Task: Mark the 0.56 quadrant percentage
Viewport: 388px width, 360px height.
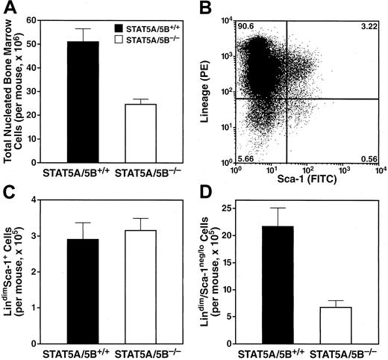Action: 369,159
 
